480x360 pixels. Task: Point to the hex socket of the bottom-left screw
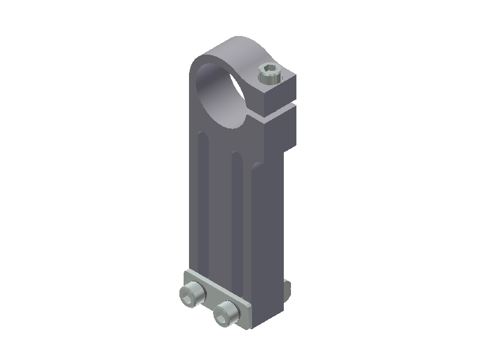(x=191, y=293)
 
